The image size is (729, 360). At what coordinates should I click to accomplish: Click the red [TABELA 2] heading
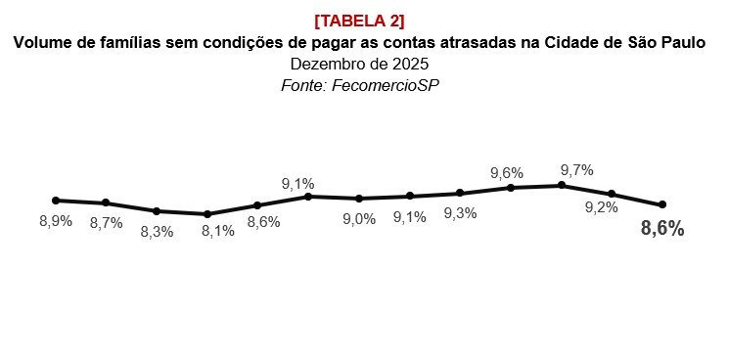pyautogui.click(x=359, y=22)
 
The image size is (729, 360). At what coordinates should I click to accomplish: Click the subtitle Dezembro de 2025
pyautogui.click(x=359, y=65)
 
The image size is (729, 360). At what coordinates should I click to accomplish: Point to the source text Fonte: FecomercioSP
pyautogui.click(x=359, y=85)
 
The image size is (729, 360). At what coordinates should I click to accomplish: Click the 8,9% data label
pyautogui.click(x=55, y=221)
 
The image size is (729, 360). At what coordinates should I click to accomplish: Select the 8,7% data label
pyautogui.click(x=106, y=223)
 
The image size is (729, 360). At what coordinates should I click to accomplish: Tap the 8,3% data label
pyautogui.click(x=157, y=231)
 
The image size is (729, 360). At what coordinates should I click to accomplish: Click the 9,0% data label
pyautogui.click(x=359, y=219)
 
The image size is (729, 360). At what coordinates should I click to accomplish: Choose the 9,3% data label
pyautogui.click(x=460, y=213)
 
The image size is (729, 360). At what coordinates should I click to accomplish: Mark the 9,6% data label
pyautogui.click(x=507, y=173)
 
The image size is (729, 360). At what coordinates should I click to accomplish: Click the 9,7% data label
pyautogui.click(x=576, y=170)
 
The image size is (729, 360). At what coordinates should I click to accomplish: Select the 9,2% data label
pyautogui.click(x=601, y=207)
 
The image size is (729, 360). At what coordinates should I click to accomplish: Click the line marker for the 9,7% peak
pyautogui.click(x=562, y=185)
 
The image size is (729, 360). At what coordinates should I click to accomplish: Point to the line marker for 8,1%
pyautogui.click(x=206, y=214)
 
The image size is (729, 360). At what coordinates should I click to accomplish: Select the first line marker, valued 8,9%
pyautogui.click(x=56, y=200)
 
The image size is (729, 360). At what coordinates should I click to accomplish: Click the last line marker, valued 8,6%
pyautogui.click(x=662, y=204)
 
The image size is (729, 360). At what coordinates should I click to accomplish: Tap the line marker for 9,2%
pyautogui.click(x=612, y=194)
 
